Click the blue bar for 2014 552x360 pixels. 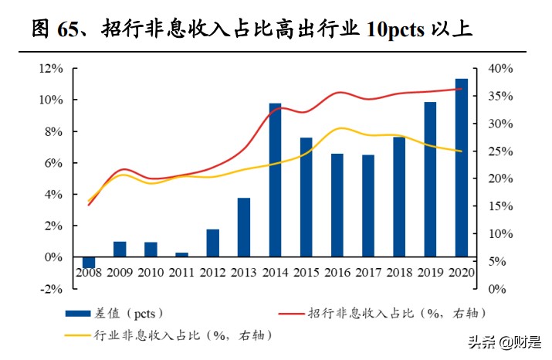pyautogui.click(x=275, y=179)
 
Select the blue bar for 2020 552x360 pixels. pyautogui.click(x=461, y=167)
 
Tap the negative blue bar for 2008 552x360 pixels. pyautogui.click(x=89, y=262)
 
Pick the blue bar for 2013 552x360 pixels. pyautogui.click(x=244, y=227)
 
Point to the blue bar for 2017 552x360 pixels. pyautogui.click(x=368, y=205)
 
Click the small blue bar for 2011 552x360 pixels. pyautogui.click(x=181, y=254)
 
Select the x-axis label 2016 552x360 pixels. pyautogui.click(x=337, y=272)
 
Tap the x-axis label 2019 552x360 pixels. pyautogui.click(x=430, y=272)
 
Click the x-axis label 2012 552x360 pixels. pyautogui.click(x=213, y=272)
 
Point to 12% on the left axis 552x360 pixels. pyautogui.click(x=51, y=69)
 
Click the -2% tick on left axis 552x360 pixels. pyautogui.click(x=51, y=289)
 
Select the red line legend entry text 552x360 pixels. pyautogui.click(x=397, y=313)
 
